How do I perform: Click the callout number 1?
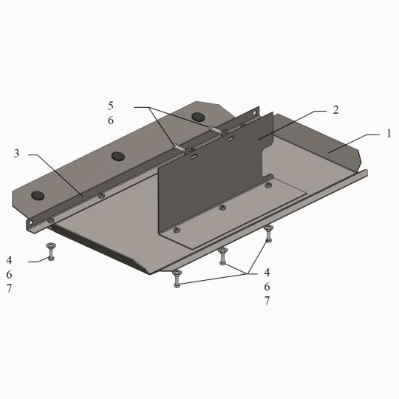coord(389,133)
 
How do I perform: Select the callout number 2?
coord(336,110)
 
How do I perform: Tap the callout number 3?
coord(16,154)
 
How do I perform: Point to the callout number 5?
coord(111,106)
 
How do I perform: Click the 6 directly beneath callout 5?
coord(111,120)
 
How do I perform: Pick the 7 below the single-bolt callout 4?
coord(9,288)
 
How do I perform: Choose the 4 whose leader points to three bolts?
coord(267,272)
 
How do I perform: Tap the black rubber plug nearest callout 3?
coord(38,195)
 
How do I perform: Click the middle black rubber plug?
coord(118,156)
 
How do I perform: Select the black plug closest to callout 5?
coord(198,117)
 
